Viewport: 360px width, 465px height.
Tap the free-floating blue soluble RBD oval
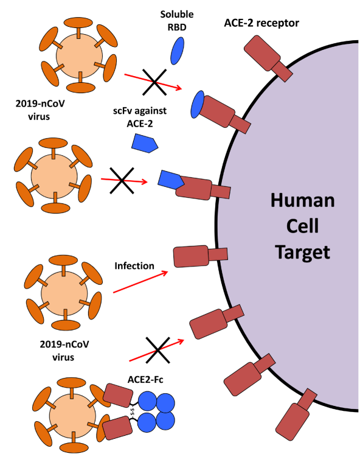(177, 50)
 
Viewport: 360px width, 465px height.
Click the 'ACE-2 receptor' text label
(262, 23)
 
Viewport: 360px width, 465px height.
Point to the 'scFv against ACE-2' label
(144, 117)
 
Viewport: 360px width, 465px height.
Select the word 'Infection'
(135, 265)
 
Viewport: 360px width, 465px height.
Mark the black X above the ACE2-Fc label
(157, 352)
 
